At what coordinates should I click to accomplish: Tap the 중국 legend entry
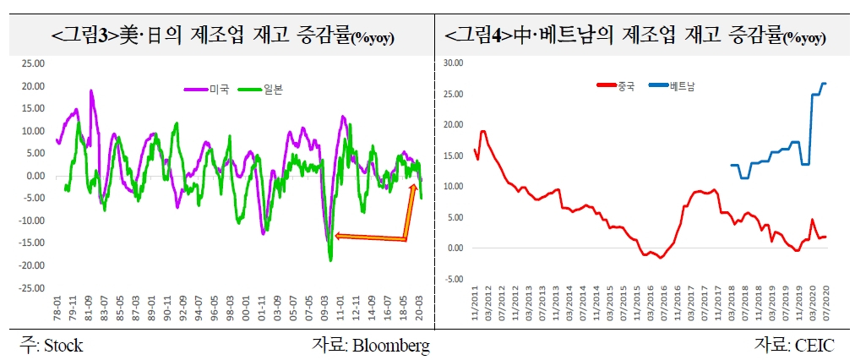click(616, 85)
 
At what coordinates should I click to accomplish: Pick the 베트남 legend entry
click(672, 85)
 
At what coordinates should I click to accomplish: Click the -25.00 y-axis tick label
click(30, 287)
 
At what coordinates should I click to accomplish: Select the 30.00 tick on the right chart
click(453, 63)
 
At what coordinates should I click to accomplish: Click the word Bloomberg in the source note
click(391, 346)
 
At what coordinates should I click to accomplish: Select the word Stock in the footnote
click(63, 346)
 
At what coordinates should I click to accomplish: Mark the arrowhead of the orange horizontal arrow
click(337, 236)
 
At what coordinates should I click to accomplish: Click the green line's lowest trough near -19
click(330, 260)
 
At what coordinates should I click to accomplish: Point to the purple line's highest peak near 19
click(91, 91)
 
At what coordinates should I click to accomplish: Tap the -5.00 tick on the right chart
click(454, 279)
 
